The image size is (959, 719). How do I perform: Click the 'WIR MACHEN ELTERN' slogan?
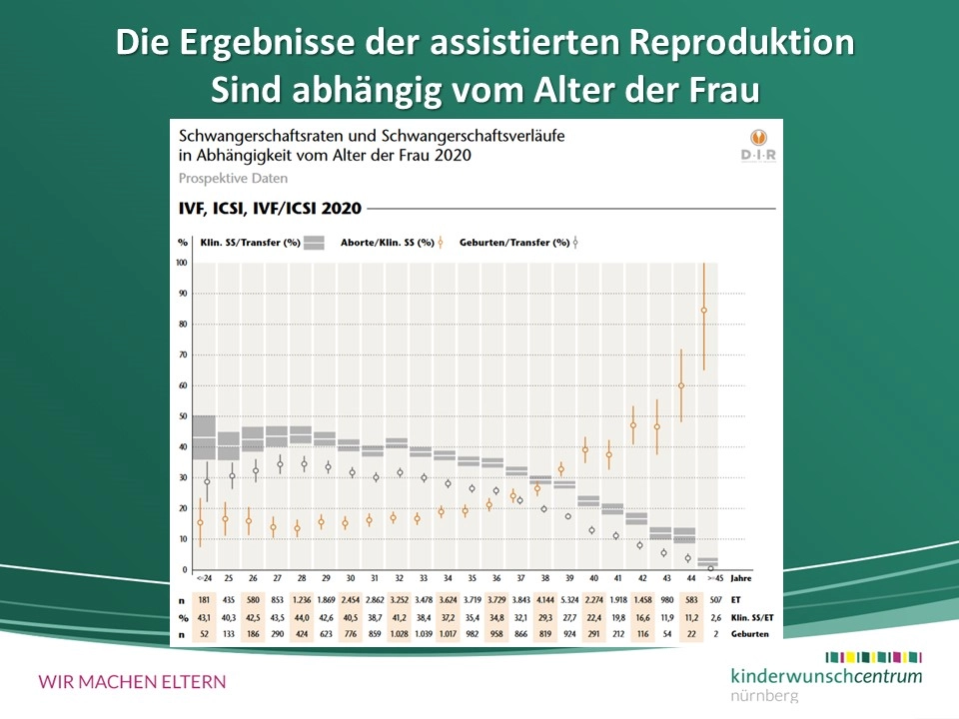click(132, 682)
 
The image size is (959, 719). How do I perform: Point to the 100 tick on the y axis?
click(181, 263)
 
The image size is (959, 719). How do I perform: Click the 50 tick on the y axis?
click(182, 416)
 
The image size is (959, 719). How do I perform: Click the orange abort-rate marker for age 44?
click(682, 385)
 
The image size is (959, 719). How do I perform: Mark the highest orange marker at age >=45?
click(704, 311)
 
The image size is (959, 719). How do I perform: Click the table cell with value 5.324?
click(567, 599)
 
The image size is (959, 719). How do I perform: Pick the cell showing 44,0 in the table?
click(304, 618)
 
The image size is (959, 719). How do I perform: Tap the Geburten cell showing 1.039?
click(424, 636)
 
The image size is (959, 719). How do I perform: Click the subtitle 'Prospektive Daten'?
click(233, 179)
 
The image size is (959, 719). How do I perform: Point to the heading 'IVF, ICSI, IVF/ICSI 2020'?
click(270, 209)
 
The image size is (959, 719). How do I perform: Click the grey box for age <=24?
click(204, 437)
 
